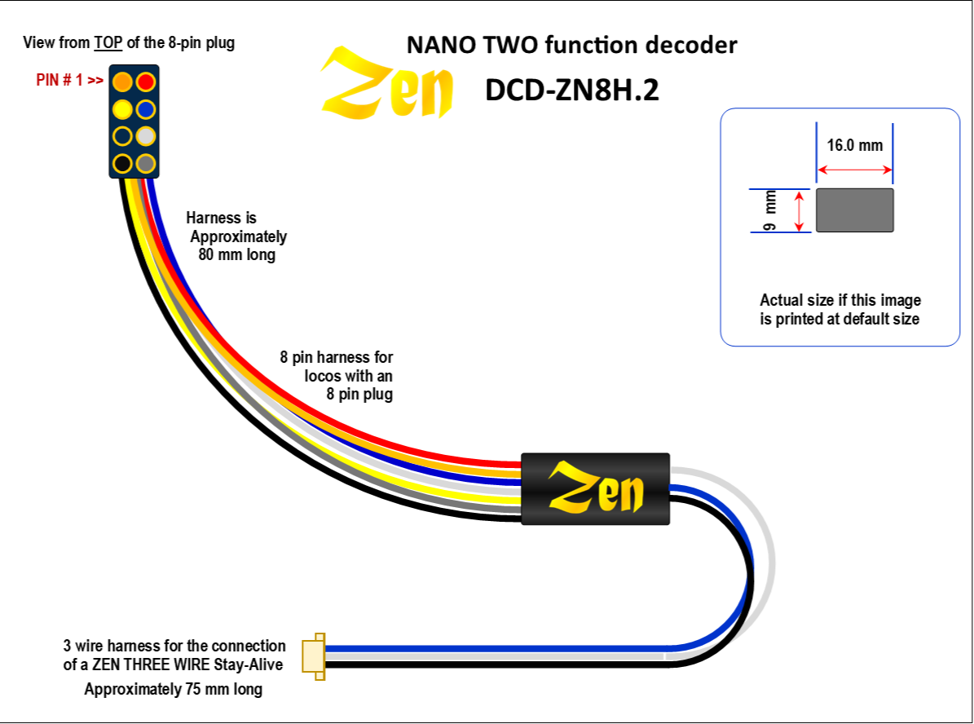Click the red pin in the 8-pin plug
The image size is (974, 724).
click(x=145, y=82)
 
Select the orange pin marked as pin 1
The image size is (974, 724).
click(x=122, y=82)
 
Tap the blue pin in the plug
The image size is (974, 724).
click(x=145, y=108)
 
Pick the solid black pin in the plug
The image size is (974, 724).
click(x=122, y=163)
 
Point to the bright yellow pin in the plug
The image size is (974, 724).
click(x=122, y=108)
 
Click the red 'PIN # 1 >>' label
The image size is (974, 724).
click(x=69, y=81)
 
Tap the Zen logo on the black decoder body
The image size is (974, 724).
click(x=596, y=489)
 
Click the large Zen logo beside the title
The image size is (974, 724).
click(x=386, y=85)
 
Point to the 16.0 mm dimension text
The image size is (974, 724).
click(x=854, y=146)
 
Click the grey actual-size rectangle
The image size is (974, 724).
click(x=854, y=210)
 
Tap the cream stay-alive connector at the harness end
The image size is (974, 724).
click(x=314, y=655)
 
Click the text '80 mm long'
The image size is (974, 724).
click(x=236, y=254)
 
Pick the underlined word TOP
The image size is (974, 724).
click(x=108, y=43)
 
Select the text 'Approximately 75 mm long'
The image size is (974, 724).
click(x=174, y=690)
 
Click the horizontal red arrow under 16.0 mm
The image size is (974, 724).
click(x=854, y=170)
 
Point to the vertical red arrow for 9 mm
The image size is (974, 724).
click(x=800, y=210)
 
